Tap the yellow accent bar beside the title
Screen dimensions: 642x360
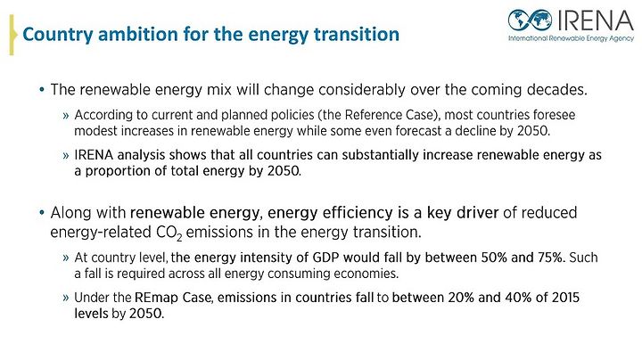[12, 35]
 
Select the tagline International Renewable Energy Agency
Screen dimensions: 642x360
[572, 38]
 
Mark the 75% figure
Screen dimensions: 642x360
[549, 258]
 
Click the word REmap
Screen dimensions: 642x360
[156, 298]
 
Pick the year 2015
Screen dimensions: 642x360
[565, 298]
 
